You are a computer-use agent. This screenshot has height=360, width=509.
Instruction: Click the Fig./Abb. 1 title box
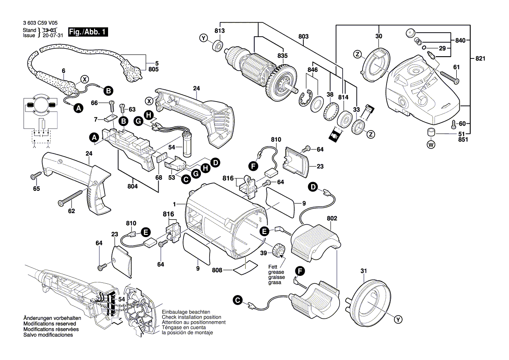point(87,32)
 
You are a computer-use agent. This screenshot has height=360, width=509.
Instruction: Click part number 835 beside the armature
point(282,55)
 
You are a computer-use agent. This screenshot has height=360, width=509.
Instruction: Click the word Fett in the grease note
point(273,267)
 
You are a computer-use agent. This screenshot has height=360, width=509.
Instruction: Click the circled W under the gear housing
point(431,145)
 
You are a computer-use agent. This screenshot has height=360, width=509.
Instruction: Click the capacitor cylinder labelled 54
point(189,147)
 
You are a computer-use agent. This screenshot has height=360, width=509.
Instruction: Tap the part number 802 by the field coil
point(332,217)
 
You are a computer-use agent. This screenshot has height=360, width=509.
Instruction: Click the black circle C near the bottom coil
point(237,300)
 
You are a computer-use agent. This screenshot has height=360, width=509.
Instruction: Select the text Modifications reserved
point(50,324)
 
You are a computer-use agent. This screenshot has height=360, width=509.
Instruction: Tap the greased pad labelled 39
point(278,251)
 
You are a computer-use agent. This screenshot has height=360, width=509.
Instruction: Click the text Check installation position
point(191,317)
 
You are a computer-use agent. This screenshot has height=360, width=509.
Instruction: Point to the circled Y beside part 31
point(398,320)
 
